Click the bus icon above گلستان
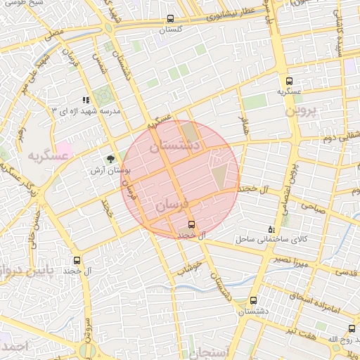tap(171, 20)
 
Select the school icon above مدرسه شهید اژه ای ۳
tap(86, 101)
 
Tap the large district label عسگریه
tap(49, 157)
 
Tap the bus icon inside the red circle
tap(191, 224)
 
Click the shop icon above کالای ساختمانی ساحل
tap(272, 229)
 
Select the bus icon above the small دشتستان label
tap(252, 300)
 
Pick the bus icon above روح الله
tap(352, 328)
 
